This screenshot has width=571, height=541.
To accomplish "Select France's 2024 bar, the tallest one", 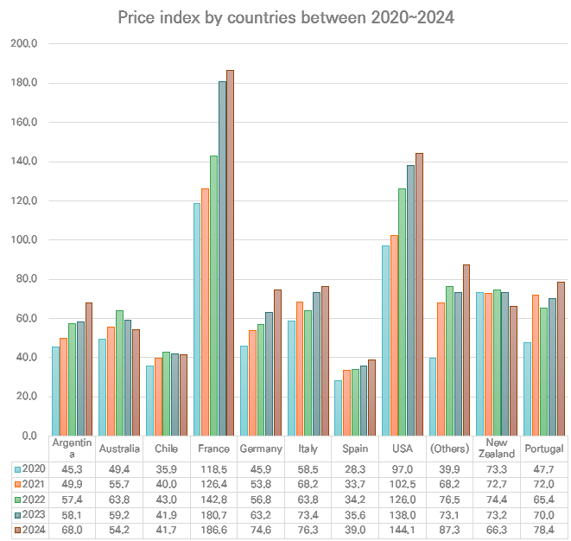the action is (230, 253).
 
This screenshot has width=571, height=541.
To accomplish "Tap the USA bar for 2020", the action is (385, 341).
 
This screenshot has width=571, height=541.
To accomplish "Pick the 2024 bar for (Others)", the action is (466, 350).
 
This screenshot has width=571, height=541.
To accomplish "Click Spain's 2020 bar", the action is (338, 408).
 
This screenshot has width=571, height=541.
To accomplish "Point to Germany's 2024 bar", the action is (277, 363).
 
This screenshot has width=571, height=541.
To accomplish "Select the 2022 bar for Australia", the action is (119, 373).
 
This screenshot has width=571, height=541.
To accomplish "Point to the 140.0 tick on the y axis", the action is (24, 162).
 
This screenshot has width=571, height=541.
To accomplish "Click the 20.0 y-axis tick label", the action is (26, 397).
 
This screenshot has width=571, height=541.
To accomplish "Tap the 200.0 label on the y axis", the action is (24, 43).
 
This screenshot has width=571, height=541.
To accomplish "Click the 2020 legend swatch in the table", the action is (18, 469).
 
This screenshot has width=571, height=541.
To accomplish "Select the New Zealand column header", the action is (497, 449).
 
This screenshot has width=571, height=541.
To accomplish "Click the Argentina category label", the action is (72, 449).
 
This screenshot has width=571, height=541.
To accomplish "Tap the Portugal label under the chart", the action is (543, 449).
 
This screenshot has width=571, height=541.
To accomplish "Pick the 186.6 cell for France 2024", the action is (213, 530).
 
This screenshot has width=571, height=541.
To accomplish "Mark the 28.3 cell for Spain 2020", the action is (355, 469).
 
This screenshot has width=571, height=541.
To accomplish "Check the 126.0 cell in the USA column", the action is (403, 500).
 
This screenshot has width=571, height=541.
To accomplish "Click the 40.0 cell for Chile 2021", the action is (167, 484).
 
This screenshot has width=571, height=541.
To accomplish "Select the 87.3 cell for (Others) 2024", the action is (449, 530).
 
